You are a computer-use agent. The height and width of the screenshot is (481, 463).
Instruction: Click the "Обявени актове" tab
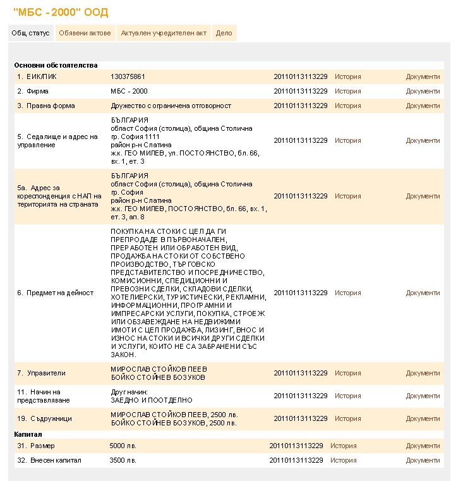(85, 33)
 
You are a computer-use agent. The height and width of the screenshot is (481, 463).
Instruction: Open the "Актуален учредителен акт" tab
(164, 33)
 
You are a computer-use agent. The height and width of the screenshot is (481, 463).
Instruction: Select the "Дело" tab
(224, 33)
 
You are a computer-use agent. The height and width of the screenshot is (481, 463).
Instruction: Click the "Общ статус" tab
(30, 33)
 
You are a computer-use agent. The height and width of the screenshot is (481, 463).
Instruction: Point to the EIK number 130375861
(128, 76)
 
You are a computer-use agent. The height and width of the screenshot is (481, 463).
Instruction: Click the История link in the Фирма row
(347, 91)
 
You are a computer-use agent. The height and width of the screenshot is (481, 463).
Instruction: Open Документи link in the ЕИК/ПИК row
(423, 76)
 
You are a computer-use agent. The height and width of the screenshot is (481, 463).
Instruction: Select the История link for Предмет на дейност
(347, 293)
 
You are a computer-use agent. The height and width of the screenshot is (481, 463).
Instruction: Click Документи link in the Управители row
(423, 373)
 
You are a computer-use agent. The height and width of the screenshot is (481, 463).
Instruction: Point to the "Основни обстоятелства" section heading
(56, 65)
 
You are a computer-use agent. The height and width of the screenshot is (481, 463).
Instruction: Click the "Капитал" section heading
(28, 435)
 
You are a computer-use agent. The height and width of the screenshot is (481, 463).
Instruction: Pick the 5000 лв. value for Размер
(123, 446)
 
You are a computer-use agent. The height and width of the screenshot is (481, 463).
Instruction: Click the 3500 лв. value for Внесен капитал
(123, 460)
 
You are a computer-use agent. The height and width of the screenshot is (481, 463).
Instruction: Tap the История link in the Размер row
(343, 446)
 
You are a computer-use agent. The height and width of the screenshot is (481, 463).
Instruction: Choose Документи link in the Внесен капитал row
(423, 460)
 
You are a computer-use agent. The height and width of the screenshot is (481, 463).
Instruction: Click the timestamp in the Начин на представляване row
(301, 396)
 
